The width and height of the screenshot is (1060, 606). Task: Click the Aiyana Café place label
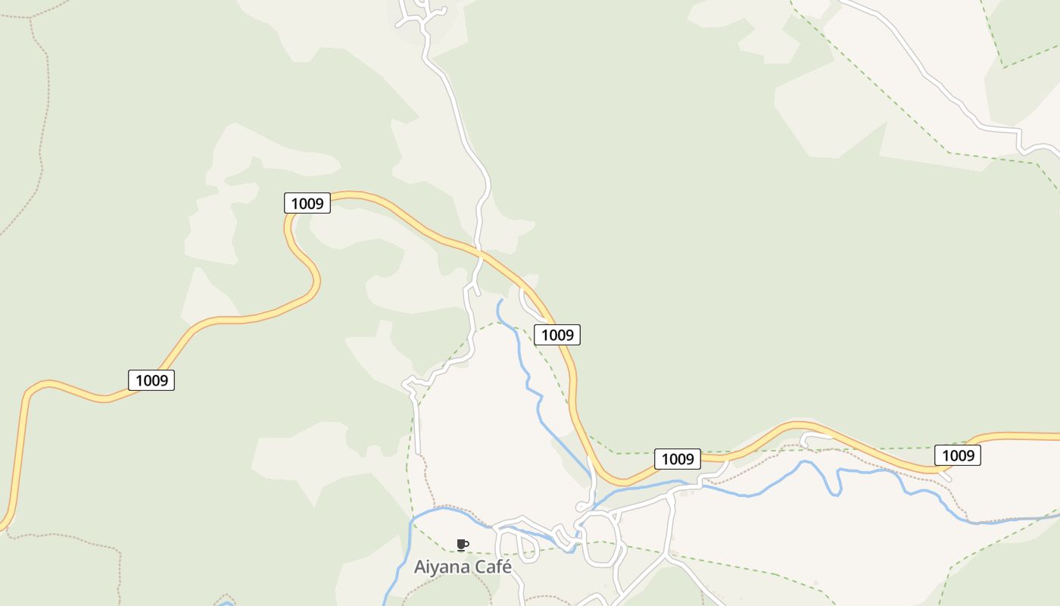coord(463,567)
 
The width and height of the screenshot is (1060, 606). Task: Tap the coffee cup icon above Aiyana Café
coord(463,545)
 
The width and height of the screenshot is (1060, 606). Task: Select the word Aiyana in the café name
coord(441,567)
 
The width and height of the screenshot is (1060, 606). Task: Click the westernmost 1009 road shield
coord(151,380)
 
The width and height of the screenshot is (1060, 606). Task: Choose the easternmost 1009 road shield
coord(958,454)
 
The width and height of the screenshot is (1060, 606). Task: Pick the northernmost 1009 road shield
coord(307,203)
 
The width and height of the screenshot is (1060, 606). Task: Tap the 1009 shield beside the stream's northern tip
coord(557,334)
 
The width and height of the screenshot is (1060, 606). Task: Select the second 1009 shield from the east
coord(678,458)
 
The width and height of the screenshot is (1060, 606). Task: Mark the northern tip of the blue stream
coord(500,301)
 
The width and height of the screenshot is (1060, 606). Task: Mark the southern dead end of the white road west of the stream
coord(417,452)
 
